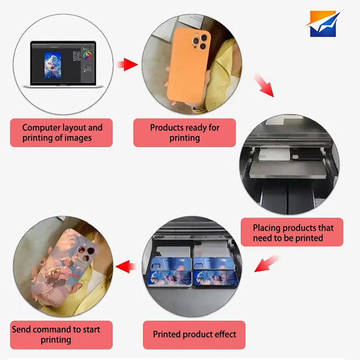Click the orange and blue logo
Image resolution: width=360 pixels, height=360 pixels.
pos(324,24)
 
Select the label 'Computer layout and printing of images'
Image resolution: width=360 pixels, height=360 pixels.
pos(61,133)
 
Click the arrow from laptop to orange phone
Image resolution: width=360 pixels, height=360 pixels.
pos(127,64)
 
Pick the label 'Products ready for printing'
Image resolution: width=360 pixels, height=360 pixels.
pos(184,133)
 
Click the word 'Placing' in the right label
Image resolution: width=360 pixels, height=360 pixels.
pos(268,228)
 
